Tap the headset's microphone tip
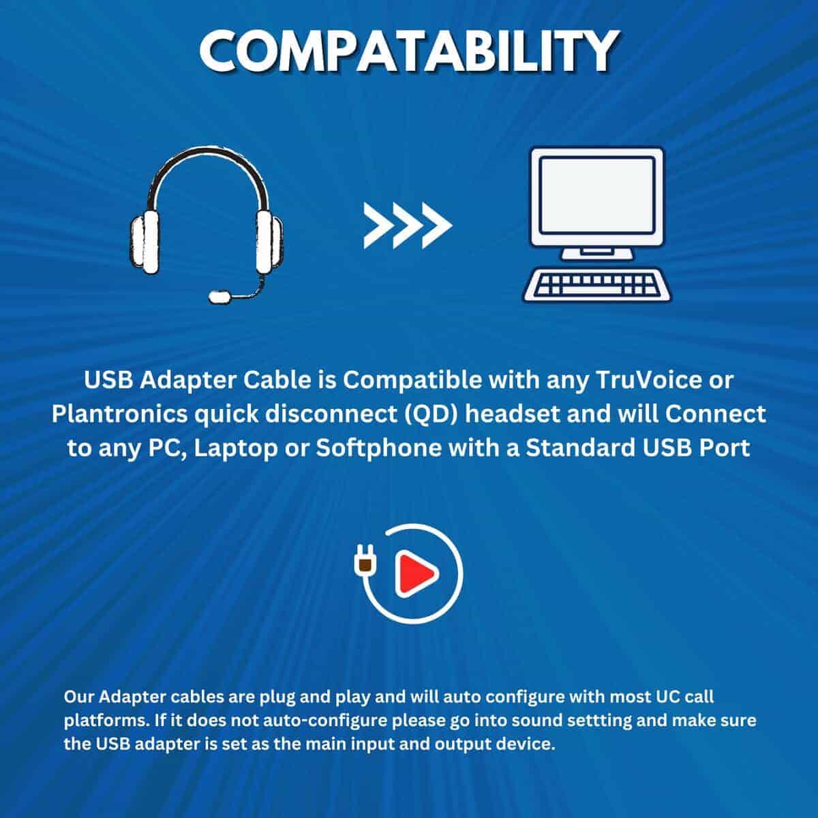point(219,297)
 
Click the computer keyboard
point(597,284)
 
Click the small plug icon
point(363,562)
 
